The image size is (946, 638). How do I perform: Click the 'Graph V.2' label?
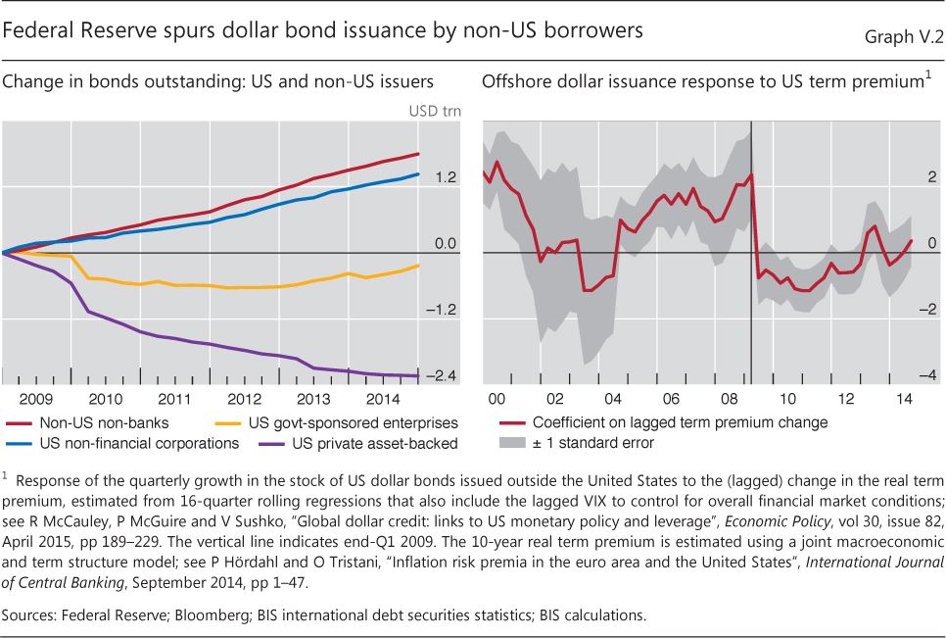[903, 37]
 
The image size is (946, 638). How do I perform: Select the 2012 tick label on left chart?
[243, 399]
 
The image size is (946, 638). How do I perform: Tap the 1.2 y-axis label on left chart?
[446, 177]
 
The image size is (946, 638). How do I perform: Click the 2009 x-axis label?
[36, 399]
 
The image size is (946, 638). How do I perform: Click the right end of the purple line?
[419, 375]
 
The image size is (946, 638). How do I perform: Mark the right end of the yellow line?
[419, 265]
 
